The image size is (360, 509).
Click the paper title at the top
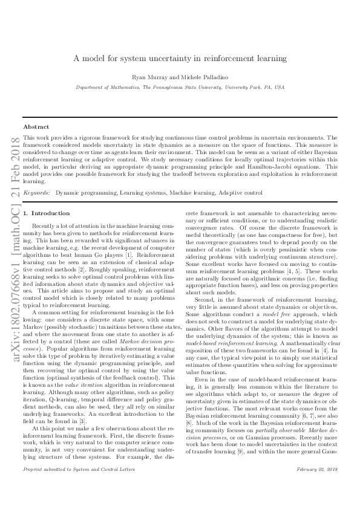pos(180,59)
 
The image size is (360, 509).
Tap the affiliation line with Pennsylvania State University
pos(180,88)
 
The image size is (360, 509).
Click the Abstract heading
pos(36,127)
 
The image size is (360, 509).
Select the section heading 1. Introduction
pos(46,213)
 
